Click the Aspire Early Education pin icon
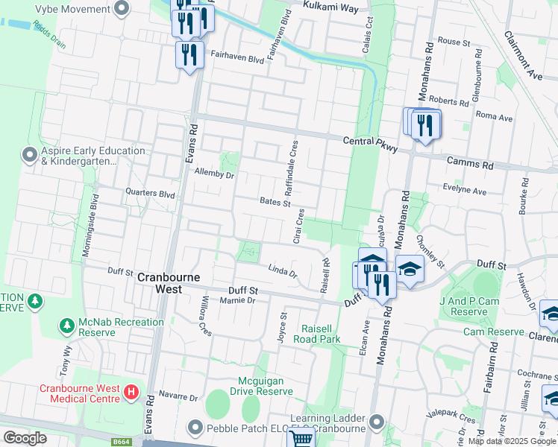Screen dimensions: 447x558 coord(30,155)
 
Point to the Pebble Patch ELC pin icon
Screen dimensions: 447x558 coord(195,428)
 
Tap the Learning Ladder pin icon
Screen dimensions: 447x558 coord(377,422)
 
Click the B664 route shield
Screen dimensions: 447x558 coord(122,442)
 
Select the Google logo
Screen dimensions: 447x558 coord(25,438)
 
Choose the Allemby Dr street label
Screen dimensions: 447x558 coord(214,174)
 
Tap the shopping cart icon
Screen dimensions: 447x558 coord(301,439)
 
